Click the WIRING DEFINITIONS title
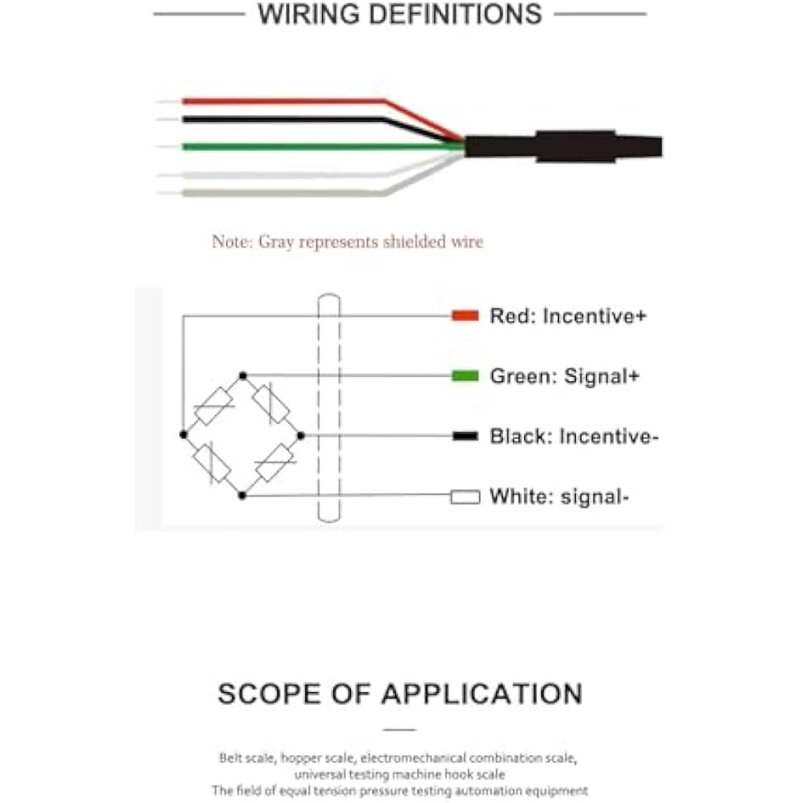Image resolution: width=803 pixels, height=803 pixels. (x=399, y=14)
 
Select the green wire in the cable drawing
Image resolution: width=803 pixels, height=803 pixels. (x=321, y=146)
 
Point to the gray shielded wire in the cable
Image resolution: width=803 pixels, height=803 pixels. (x=281, y=193)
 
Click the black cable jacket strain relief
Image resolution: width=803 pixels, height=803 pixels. (x=575, y=146)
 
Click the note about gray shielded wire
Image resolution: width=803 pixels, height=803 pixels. (x=347, y=242)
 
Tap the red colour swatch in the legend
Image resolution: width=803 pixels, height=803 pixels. (x=465, y=316)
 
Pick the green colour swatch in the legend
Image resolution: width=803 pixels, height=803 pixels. (x=465, y=376)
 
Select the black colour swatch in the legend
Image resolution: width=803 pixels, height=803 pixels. (x=465, y=436)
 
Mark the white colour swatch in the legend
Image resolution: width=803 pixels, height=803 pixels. (x=465, y=497)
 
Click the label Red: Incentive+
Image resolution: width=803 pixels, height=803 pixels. (x=568, y=316)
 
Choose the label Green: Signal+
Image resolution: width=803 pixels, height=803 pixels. (x=565, y=376)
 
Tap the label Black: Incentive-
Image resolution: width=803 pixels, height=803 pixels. (x=574, y=436)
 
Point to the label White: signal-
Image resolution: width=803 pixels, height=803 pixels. (x=559, y=497)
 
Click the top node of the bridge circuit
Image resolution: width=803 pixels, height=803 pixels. (x=243, y=375)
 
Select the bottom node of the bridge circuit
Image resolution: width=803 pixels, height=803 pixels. (x=243, y=495)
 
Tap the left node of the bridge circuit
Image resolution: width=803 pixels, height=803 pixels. (x=184, y=434)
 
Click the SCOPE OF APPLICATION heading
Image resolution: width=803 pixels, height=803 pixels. (x=400, y=694)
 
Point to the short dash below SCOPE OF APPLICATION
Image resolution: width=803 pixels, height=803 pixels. (x=399, y=730)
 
